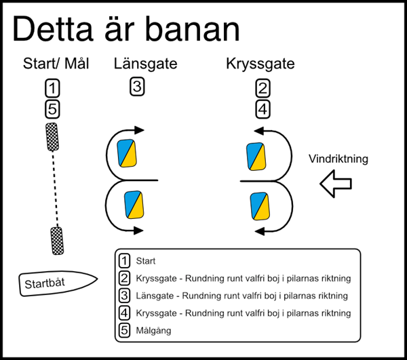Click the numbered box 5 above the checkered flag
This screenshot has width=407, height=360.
[53, 108]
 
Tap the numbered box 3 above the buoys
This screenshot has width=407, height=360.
[137, 87]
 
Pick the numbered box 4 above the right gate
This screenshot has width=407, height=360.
[263, 108]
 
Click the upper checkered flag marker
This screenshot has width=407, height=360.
[52, 137]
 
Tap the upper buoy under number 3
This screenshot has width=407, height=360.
[127, 153]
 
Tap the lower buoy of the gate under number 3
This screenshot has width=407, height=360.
[134, 205]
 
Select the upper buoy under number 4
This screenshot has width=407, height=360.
[256, 157]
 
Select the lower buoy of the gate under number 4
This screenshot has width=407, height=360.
[260, 205]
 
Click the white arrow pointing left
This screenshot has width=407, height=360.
[336, 183]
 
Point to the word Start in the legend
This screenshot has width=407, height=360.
[147, 260]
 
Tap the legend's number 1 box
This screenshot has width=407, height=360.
[124, 260]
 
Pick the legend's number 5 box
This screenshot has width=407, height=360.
[124, 331]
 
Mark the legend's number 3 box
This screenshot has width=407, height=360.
[124, 296]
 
